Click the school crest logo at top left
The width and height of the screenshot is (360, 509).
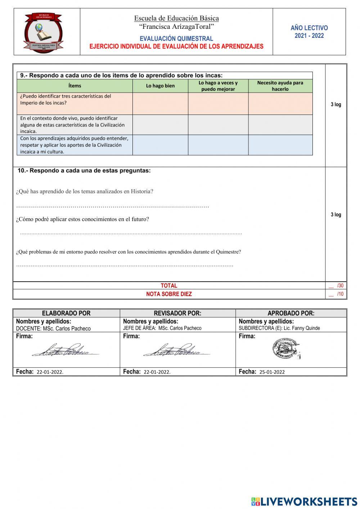(43, 32)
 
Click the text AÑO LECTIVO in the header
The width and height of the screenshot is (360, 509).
(309, 28)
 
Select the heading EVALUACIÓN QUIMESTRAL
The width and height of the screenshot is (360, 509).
(176, 39)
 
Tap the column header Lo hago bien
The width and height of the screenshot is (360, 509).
(160, 86)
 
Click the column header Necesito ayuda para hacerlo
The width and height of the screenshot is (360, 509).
(280, 86)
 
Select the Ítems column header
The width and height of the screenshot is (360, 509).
(75, 86)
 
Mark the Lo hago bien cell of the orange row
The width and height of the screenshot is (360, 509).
(160, 104)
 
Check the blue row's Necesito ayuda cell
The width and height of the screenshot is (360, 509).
(280, 145)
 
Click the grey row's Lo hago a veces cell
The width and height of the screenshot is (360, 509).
(218, 125)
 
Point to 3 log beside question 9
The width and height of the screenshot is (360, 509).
(336, 104)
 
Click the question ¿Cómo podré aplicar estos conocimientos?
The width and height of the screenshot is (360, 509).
(82, 219)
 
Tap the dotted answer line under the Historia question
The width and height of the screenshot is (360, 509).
(112, 206)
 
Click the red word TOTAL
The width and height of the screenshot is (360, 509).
(169, 286)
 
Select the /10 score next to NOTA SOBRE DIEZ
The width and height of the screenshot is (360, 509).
(340, 294)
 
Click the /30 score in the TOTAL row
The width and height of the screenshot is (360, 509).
(340, 286)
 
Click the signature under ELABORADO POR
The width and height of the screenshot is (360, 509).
(65, 350)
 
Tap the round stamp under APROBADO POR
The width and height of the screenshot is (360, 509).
(286, 349)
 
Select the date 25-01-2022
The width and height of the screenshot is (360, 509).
(272, 372)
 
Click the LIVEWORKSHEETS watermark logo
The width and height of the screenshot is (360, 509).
(304, 501)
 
